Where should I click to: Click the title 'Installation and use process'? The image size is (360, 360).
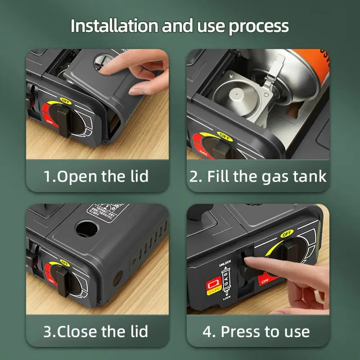(x=180, y=26)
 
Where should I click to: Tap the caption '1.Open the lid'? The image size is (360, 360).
(x=96, y=176)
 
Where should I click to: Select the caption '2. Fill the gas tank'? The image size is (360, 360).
(x=258, y=176)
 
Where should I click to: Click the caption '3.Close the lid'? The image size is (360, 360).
(x=96, y=332)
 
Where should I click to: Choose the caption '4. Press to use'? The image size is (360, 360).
(x=256, y=332)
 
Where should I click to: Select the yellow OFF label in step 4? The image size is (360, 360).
(x=286, y=234)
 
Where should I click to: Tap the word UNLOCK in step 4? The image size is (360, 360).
(x=225, y=262)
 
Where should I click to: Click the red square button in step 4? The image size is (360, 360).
(x=212, y=286)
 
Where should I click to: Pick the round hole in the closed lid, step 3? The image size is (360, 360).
(x=86, y=229)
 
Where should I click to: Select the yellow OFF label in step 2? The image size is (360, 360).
(x=223, y=135)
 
